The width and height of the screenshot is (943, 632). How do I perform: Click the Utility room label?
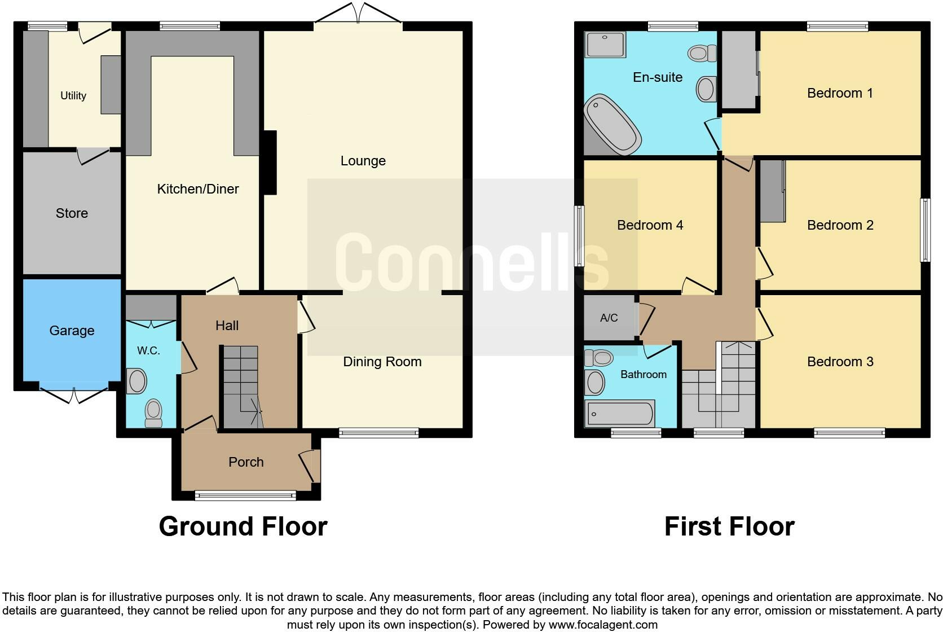click(73, 95)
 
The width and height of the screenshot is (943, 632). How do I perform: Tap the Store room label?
click(72, 213)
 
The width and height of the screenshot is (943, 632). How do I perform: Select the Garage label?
click(72, 331)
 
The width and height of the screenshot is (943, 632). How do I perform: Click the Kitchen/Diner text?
click(198, 189)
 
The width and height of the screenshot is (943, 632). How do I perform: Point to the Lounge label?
click(363, 161)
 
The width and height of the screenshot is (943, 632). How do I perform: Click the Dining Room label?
click(382, 362)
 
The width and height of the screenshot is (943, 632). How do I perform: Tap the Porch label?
click(246, 462)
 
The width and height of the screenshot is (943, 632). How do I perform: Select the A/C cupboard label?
click(609, 318)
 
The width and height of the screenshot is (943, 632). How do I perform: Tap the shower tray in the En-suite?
click(606, 45)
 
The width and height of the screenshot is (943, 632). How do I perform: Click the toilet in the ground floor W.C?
click(153, 414)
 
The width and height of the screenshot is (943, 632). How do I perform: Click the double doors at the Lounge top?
click(358, 14)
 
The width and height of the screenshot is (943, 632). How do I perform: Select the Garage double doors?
click(74, 394)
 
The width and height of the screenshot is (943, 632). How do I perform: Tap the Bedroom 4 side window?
click(579, 236)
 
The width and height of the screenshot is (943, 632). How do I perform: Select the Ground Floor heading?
click(243, 526)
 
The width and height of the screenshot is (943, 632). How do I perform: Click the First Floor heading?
click(729, 526)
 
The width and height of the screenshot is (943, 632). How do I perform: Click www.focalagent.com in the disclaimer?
click(602, 625)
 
